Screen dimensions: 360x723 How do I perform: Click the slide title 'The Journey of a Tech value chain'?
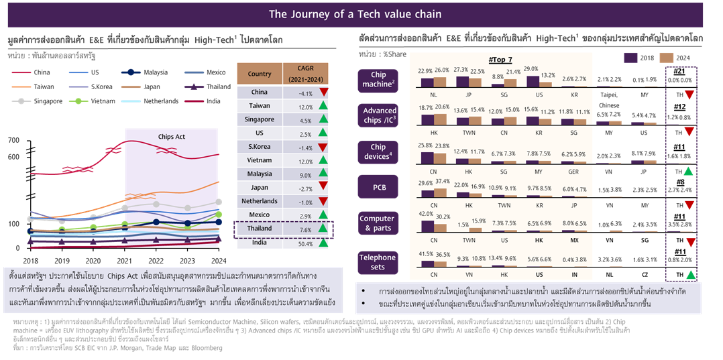tap(355, 13)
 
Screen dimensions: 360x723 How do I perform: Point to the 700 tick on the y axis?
tap(13, 140)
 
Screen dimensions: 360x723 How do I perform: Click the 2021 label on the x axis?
tap(125, 261)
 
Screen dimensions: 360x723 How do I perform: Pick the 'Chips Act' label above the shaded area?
tap(172, 137)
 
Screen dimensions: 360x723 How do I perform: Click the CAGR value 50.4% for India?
tap(301, 242)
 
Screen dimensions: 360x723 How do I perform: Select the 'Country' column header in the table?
tap(260, 74)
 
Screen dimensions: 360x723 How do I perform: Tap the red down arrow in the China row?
tap(324, 93)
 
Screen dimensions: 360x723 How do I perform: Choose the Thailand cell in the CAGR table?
tap(260, 229)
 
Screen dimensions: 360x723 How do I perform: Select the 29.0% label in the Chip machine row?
tap(531, 69)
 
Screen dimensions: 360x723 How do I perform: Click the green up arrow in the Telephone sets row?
tap(689, 276)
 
